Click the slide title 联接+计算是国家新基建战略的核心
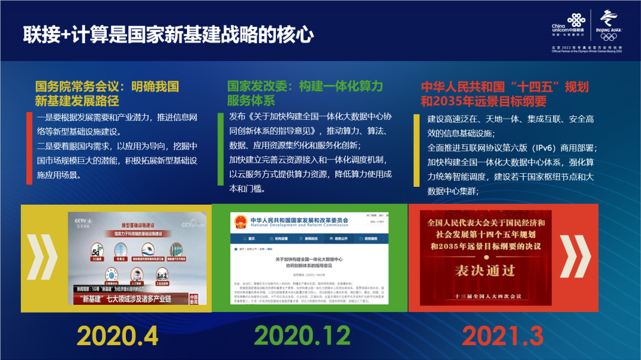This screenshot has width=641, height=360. click(168, 34)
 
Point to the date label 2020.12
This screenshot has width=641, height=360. click(311, 336)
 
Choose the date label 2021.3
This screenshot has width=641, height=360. click(503, 336)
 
